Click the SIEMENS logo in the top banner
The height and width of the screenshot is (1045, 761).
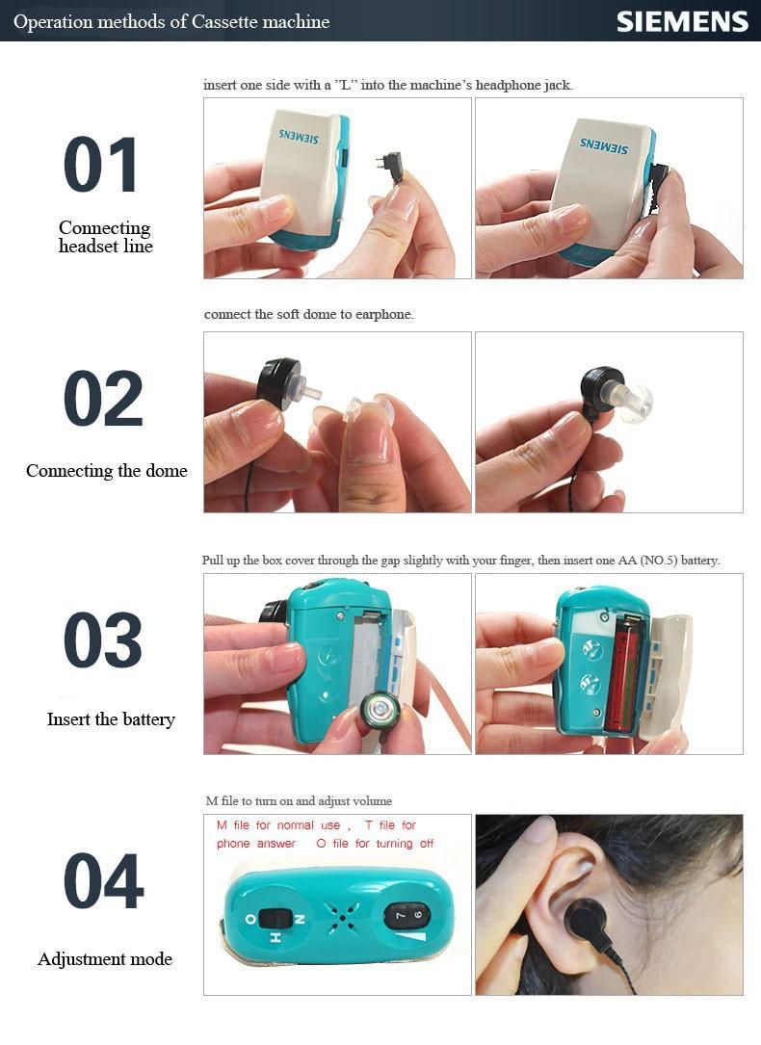(x=682, y=21)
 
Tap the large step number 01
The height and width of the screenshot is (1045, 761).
(x=101, y=164)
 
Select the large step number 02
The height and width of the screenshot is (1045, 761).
(x=103, y=399)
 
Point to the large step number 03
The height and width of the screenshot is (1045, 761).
(x=103, y=640)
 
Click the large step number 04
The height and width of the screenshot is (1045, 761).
(x=104, y=881)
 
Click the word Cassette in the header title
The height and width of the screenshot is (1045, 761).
(x=223, y=22)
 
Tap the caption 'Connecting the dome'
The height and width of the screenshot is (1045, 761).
(x=107, y=471)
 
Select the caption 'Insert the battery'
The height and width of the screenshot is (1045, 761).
(x=112, y=719)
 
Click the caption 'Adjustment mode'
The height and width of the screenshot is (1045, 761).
(x=105, y=959)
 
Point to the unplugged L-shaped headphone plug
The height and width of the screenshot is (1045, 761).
(x=390, y=168)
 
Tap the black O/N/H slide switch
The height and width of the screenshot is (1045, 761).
(x=275, y=920)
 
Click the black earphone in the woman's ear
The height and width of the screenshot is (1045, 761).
(x=586, y=921)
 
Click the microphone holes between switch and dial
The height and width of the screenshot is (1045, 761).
(x=343, y=918)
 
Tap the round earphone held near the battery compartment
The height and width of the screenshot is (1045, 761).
(x=378, y=713)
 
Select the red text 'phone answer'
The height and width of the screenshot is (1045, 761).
(x=256, y=844)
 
